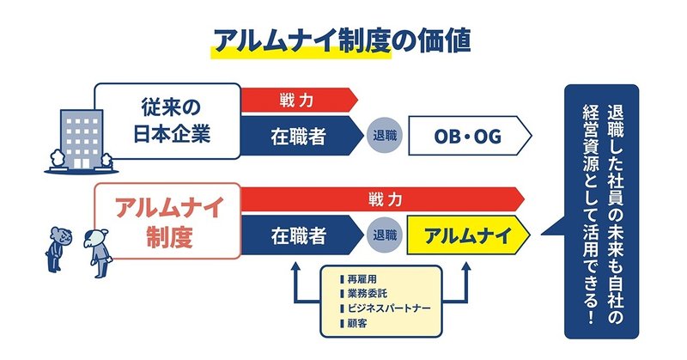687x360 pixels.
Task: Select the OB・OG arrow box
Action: (468, 136)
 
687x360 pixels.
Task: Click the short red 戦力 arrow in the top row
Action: (296, 99)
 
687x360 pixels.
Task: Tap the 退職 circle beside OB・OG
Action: (385, 136)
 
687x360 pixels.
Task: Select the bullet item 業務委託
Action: (366, 294)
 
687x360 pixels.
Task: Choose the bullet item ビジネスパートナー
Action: (386, 308)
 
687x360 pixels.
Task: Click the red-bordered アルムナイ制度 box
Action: (167, 221)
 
